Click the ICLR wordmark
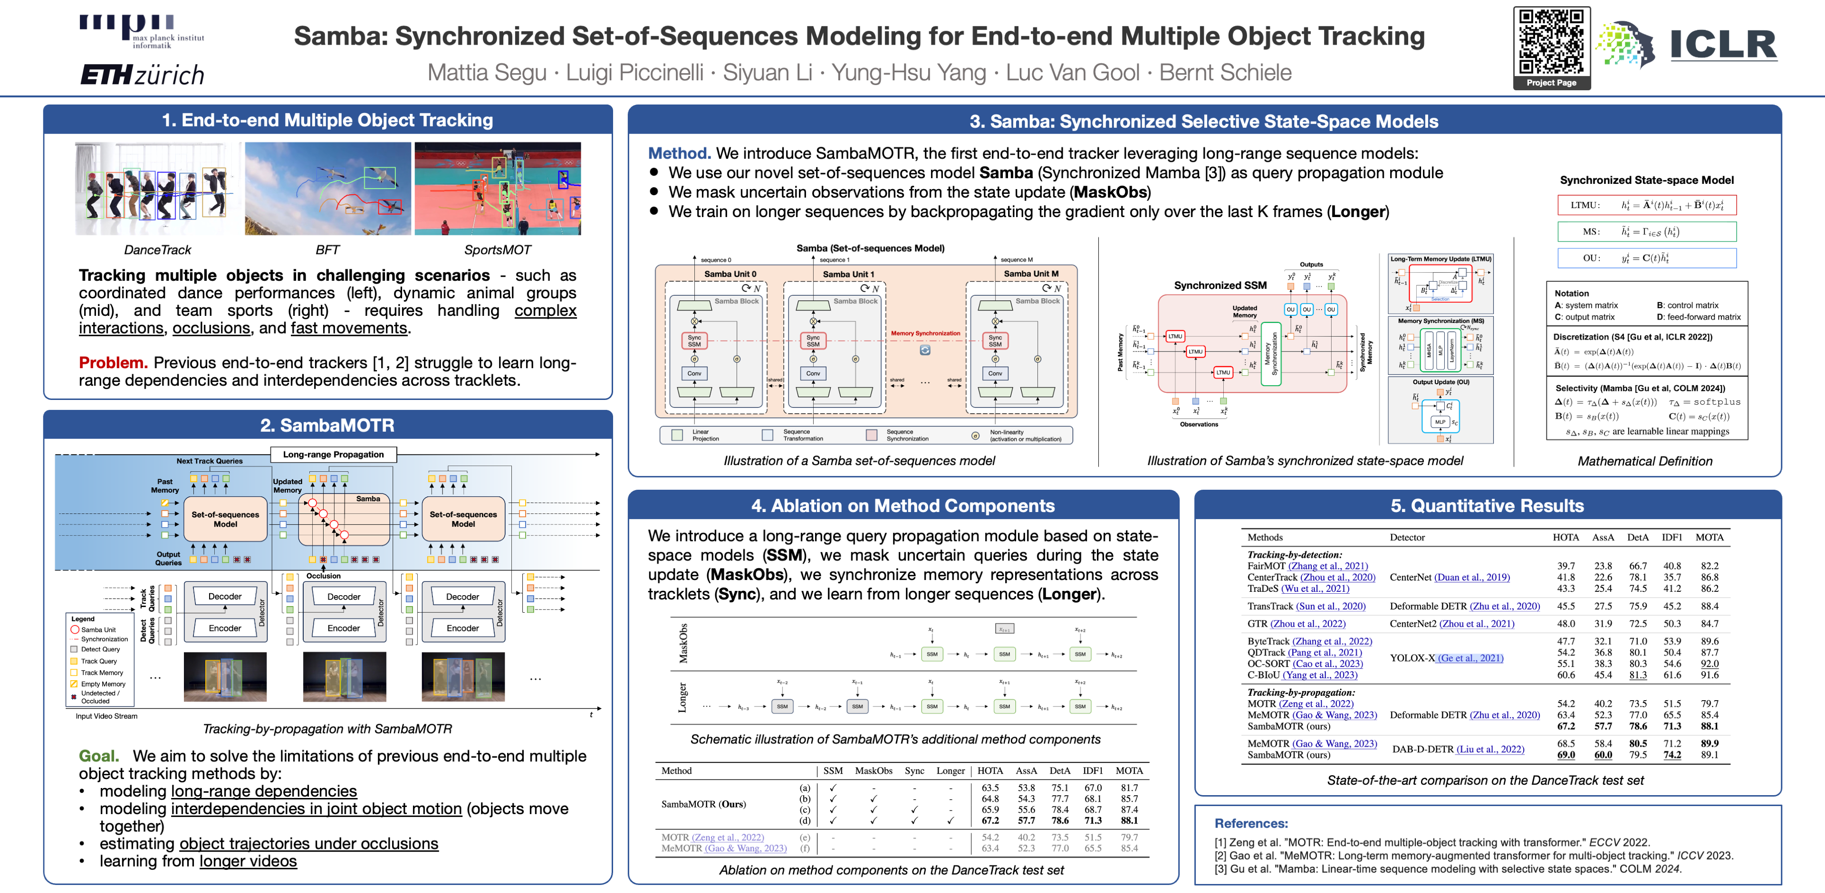(x=1723, y=45)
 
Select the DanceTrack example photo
(x=157, y=189)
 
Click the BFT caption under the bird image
(x=327, y=250)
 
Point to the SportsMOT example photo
(x=497, y=189)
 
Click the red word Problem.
(x=113, y=362)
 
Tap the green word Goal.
(x=98, y=756)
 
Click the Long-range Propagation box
(x=333, y=455)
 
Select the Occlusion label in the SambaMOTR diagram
(x=323, y=576)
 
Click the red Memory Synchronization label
(x=925, y=333)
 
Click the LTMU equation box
(x=1646, y=205)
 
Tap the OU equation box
(x=1646, y=258)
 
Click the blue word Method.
(x=679, y=153)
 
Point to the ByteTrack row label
(x=1268, y=641)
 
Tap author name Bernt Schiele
(x=1225, y=72)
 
